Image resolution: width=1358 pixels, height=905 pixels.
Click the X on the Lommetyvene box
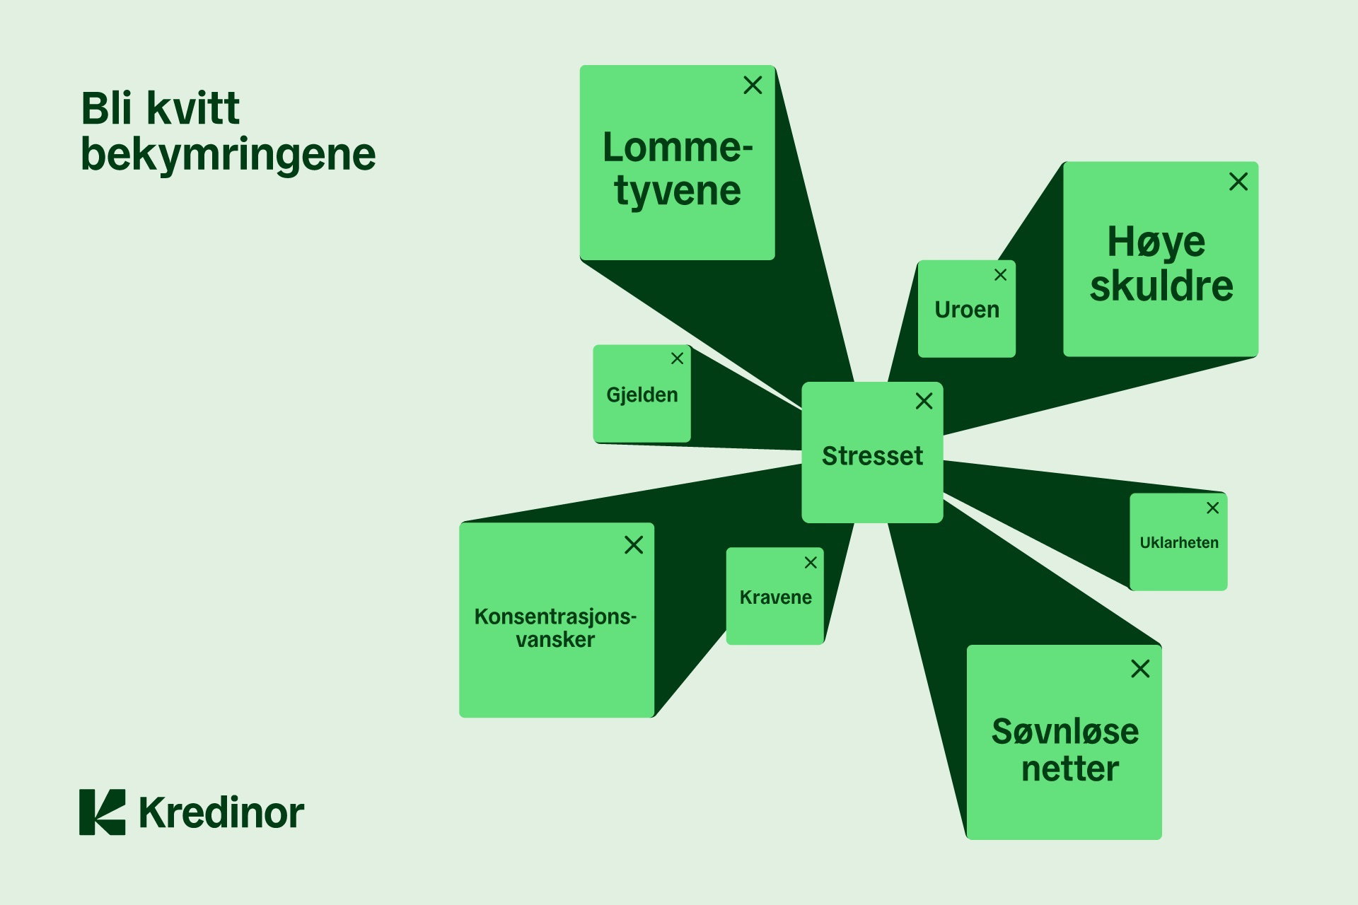(753, 86)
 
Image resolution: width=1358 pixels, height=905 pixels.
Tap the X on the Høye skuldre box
(1238, 182)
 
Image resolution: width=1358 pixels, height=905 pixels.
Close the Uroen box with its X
(1000, 275)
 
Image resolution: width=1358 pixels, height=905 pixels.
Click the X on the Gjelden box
(677, 358)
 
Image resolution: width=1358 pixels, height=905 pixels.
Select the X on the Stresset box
(924, 401)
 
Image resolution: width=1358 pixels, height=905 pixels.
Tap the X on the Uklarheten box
(1212, 508)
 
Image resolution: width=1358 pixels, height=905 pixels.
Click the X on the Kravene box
(811, 562)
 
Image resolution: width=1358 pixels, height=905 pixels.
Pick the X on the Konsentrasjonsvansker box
(634, 544)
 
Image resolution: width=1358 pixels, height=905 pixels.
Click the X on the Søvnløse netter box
(1140, 668)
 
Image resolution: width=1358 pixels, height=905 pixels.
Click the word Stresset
(872, 456)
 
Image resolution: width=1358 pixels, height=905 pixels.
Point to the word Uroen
(967, 310)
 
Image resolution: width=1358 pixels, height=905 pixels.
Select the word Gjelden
(642, 395)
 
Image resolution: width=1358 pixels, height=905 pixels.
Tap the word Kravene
(775, 597)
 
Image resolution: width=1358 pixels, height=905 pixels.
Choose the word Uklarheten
(1179, 542)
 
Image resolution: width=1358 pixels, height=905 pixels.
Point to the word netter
(1070, 769)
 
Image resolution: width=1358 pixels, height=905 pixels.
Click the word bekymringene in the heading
(228, 154)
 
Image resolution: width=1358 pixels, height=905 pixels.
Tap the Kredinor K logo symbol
(103, 812)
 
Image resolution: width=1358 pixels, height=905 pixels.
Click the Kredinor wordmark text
(221, 812)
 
